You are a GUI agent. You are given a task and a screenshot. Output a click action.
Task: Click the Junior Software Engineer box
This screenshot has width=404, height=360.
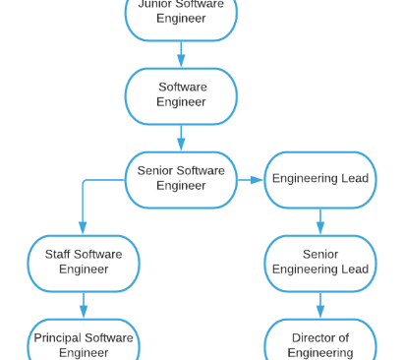tap(181, 14)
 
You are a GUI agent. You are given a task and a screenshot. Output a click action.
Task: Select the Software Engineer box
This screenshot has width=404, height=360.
tap(181, 95)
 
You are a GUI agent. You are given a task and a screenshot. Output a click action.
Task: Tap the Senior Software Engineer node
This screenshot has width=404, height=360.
tap(181, 179)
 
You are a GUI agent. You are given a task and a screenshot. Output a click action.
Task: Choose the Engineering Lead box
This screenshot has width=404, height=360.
tap(320, 179)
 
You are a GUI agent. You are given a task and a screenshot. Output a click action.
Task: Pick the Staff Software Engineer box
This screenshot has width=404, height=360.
tap(84, 263)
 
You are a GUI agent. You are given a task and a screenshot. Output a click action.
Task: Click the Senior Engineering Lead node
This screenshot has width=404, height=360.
tap(320, 263)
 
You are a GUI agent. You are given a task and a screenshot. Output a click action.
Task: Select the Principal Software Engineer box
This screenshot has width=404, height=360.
tap(84, 343)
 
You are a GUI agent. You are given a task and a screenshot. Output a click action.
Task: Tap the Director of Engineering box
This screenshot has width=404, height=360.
tap(320, 343)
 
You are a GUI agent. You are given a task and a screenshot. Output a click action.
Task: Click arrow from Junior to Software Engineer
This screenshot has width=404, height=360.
tap(181, 54)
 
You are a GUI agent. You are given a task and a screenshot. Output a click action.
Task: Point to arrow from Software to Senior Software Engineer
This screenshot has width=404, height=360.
tap(181, 138)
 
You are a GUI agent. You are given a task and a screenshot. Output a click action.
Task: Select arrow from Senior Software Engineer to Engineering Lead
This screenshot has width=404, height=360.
tap(251, 180)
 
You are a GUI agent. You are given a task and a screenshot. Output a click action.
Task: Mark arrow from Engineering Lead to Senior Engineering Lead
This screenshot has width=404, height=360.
tap(320, 221)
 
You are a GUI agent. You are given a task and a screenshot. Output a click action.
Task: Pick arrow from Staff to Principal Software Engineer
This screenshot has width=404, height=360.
tap(84, 305)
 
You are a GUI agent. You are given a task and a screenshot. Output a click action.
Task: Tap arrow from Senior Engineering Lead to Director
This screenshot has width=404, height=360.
tap(320, 305)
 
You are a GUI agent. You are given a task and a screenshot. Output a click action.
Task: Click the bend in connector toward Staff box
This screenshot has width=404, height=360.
tap(85, 181)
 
